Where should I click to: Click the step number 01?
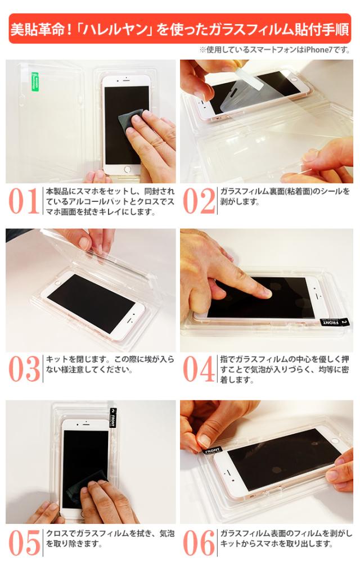pyautogui.click(x=24, y=201)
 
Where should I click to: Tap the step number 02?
pyautogui.click(x=199, y=201)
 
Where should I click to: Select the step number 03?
pyautogui.click(x=24, y=368)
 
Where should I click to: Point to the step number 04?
pyautogui.click(x=199, y=368)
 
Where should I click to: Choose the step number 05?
pyautogui.click(x=24, y=543)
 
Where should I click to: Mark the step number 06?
pyautogui.click(x=199, y=543)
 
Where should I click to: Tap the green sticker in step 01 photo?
pyautogui.click(x=35, y=83)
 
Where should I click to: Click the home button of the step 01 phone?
pyautogui.click(x=127, y=169)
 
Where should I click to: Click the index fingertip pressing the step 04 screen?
pyautogui.click(x=265, y=292)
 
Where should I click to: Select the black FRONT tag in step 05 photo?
pyautogui.click(x=113, y=418)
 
